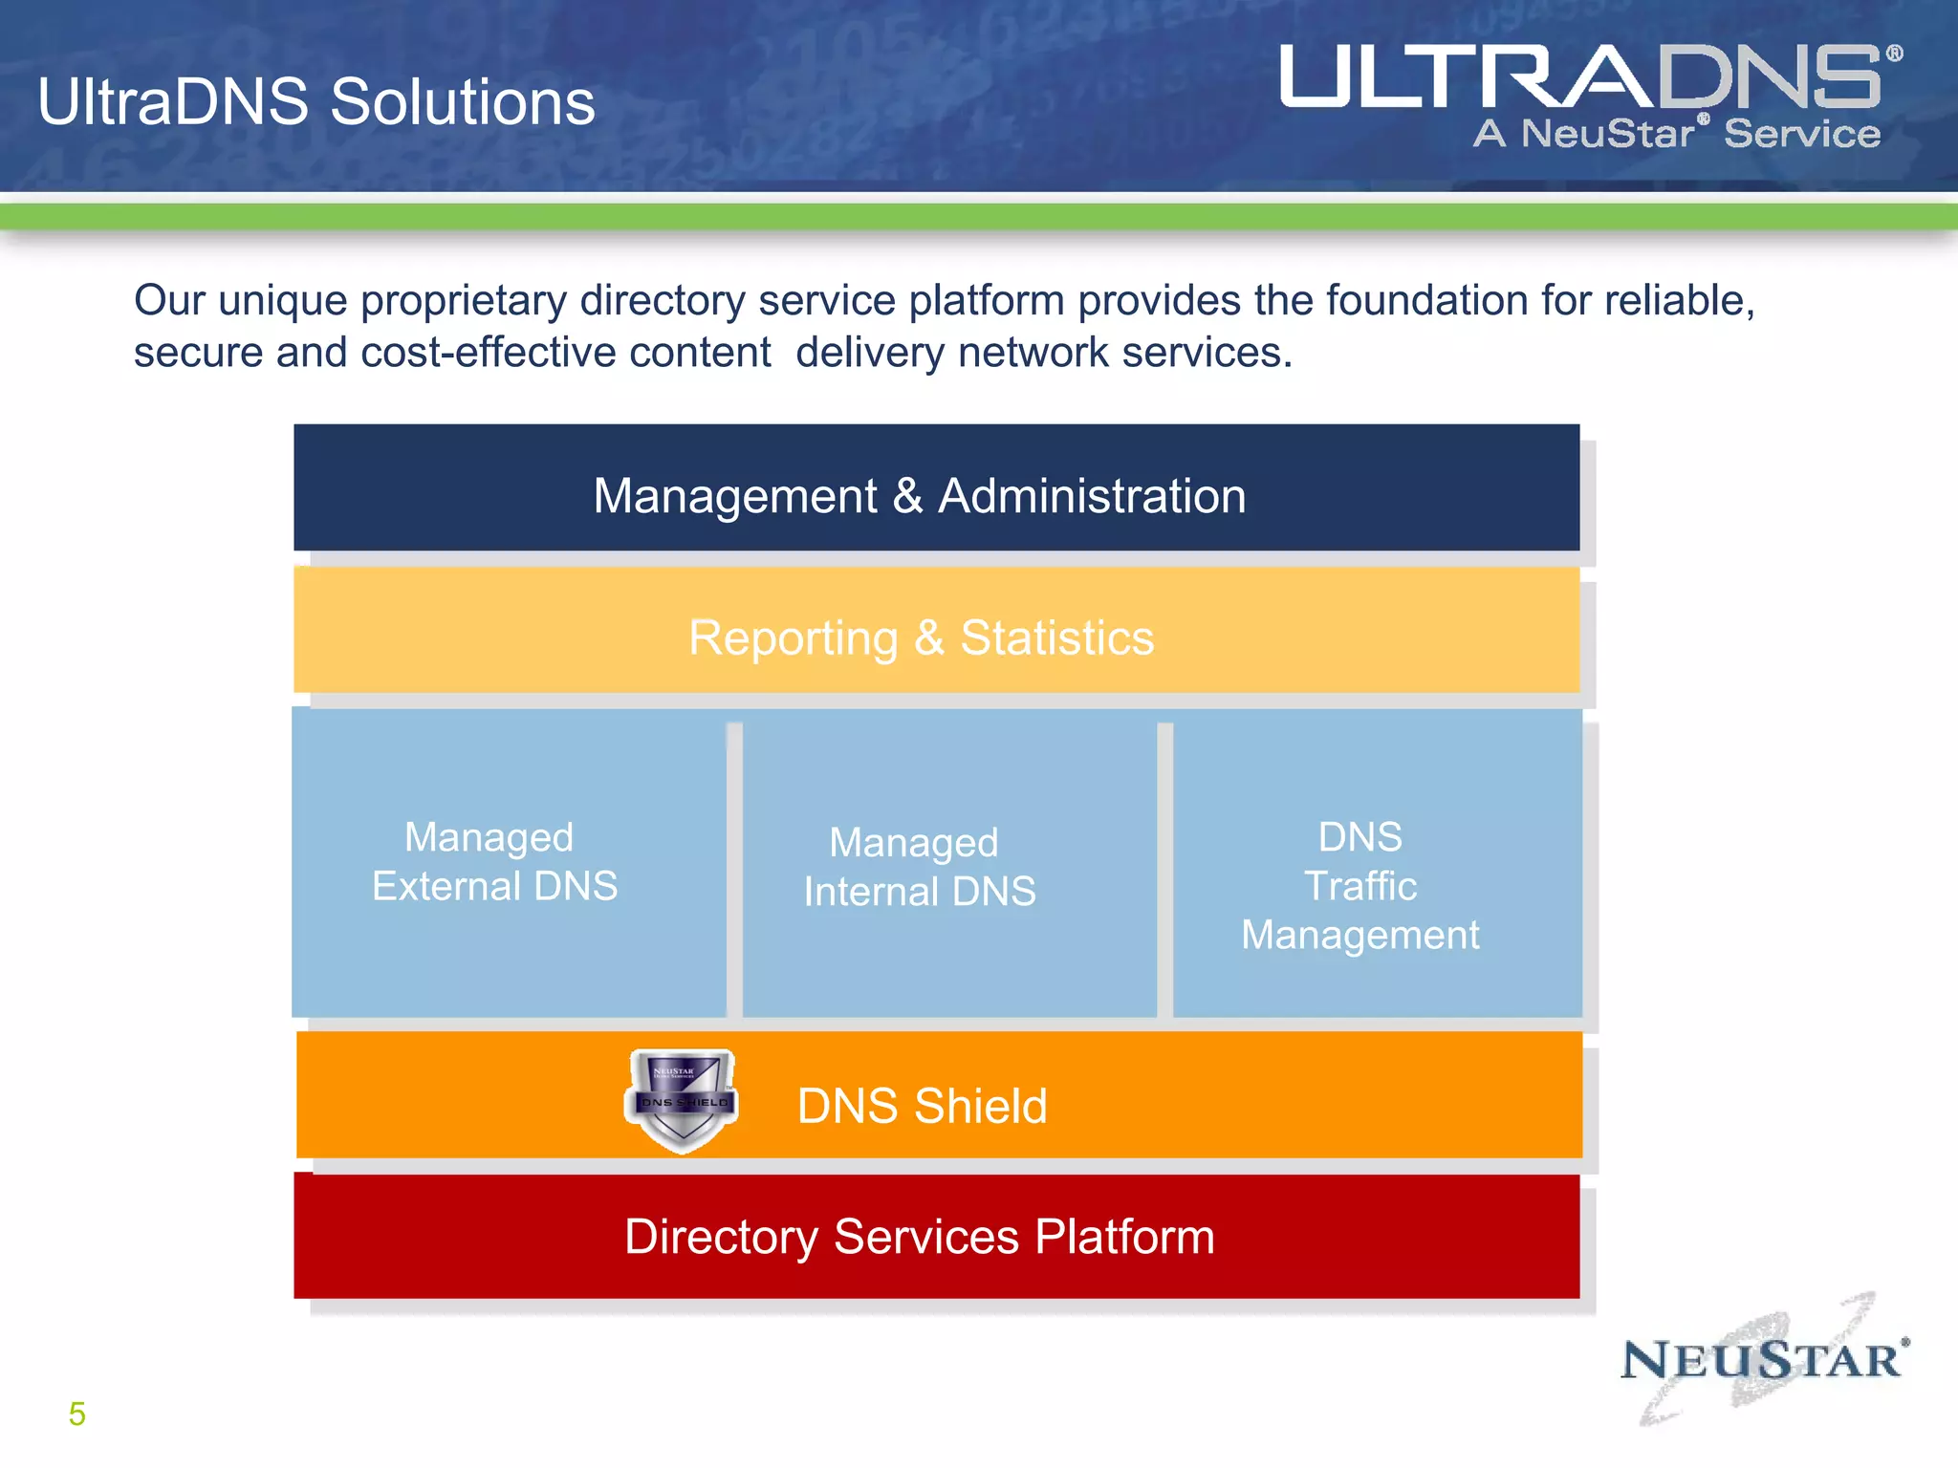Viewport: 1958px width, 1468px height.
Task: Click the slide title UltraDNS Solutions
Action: pyautogui.click(x=316, y=101)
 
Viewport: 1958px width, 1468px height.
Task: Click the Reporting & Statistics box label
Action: pyautogui.click(x=921, y=637)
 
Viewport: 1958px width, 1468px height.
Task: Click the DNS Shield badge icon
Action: pyautogui.click(x=682, y=1099)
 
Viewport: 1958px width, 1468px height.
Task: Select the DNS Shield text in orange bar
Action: pyautogui.click(x=922, y=1106)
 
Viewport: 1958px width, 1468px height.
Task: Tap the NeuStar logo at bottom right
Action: pyautogui.click(x=1764, y=1360)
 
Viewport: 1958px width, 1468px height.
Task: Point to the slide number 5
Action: pyautogui.click(x=77, y=1414)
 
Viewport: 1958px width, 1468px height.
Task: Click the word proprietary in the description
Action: pyautogui.click(x=464, y=301)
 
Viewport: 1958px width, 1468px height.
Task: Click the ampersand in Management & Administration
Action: pyautogui.click(x=907, y=496)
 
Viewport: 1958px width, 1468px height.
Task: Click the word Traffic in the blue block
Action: pyautogui.click(x=1360, y=886)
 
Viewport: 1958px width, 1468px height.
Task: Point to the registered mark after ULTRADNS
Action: pyautogui.click(x=1894, y=54)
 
